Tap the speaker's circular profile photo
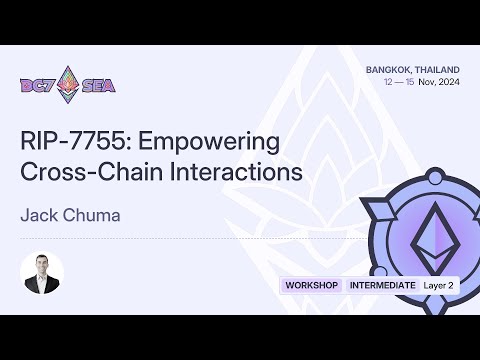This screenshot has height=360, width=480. pos(42,271)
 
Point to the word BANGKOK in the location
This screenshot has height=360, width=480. pos(386,69)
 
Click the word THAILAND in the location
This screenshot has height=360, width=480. pos(438,69)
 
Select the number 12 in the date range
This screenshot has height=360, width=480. pos(388,82)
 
